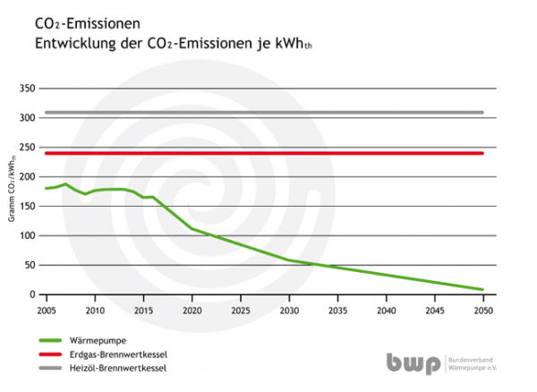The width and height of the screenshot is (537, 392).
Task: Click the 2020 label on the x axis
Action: (192, 311)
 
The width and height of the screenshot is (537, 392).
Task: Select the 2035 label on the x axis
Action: (337, 311)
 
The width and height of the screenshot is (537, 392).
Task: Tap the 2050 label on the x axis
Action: (483, 311)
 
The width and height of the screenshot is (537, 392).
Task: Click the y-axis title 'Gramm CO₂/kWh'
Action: (13, 192)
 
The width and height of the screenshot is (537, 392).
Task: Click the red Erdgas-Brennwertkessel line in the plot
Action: (268, 153)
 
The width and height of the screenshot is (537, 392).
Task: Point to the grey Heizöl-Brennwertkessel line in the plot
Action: (268, 113)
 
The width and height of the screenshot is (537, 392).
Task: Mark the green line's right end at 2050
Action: (482, 289)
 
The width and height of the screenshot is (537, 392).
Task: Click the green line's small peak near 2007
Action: (64, 184)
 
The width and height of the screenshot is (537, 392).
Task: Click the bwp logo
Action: (413, 363)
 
